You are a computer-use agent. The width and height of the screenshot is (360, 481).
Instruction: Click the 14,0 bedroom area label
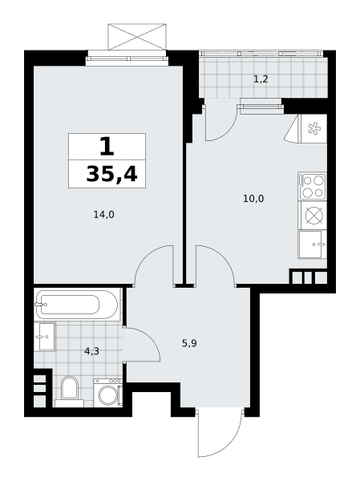pyautogui.click(x=103, y=215)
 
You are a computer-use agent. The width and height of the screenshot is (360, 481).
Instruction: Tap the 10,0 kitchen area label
pyautogui.click(x=253, y=199)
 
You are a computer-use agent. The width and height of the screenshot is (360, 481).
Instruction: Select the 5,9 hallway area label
pyautogui.click(x=189, y=343)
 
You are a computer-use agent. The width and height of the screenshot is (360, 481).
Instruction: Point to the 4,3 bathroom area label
pyautogui.click(x=91, y=351)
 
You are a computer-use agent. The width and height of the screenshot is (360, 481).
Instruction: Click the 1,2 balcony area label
pyautogui.click(x=261, y=79)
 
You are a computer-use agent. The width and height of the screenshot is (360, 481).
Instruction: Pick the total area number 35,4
pyautogui.click(x=111, y=174)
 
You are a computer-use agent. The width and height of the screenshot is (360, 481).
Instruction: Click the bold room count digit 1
pyautogui.click(x=107, y=147)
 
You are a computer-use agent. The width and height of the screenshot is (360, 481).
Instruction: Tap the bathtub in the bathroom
pyautogui.click(x=77, y=305)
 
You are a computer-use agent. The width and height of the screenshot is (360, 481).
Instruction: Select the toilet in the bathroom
pyautogui.click(x=70, y=392)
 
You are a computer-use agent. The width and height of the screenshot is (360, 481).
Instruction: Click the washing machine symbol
pyautogui.click(x=108, y=393)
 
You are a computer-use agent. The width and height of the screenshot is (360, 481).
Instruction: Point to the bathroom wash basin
pyautogui.click(x=45, y=337)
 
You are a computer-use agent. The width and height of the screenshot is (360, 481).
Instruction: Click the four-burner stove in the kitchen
pyautogui.click(x=312, y=186)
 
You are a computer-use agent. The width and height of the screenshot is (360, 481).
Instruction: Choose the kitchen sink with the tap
pyautogui.click(x=312, y=245)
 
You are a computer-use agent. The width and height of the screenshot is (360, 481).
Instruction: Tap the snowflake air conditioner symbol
pyautogui.click(x=313, y=128)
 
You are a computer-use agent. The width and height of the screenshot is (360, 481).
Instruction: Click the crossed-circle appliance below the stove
pyautogui.click(x=314, y=215)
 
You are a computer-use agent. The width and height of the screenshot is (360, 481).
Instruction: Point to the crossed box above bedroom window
pyautogui.click(x=137, y=37)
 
